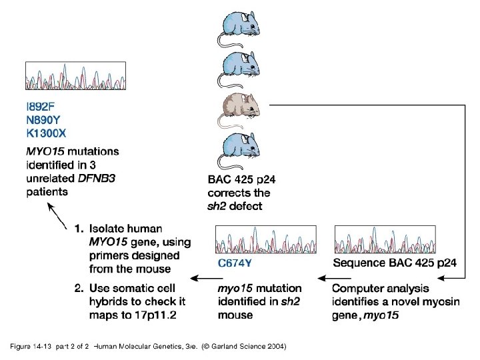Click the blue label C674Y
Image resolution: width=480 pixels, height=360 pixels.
point(235,263)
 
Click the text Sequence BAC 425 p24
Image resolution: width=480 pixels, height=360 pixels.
point(395,263)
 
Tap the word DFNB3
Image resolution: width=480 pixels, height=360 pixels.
point(94,179)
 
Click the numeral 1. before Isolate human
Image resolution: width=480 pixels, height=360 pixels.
point(79,229)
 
